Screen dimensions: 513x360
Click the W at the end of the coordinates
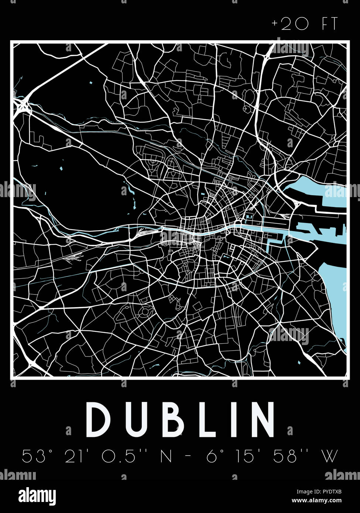point(330,457)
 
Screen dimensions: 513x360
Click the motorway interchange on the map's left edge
point(23,107)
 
